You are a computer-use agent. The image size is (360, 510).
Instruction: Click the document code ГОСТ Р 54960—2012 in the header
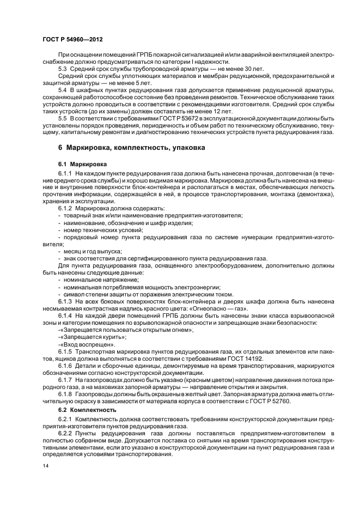point(73,40)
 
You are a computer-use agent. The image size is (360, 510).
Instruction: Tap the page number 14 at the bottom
point(47,466)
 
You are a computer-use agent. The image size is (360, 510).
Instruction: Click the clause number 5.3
point(64,69)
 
